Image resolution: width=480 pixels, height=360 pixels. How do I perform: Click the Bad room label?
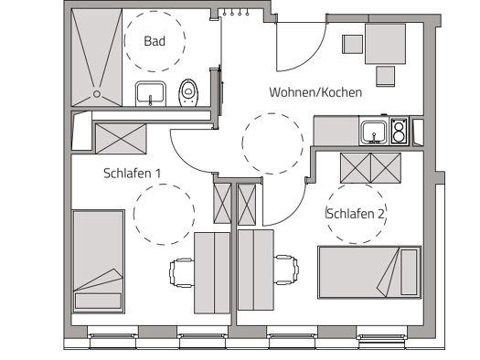click(x=155, y=41)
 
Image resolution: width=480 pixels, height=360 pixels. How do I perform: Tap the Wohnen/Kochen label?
click(x=315, y=92)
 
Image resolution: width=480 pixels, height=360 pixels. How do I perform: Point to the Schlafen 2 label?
click(x=356, y=214)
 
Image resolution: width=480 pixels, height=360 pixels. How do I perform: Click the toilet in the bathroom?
click(x=190, y=90)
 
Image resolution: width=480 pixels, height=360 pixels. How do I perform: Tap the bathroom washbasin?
click(x=150, y=92)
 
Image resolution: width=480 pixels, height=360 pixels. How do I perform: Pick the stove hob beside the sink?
click(x=398, y=132)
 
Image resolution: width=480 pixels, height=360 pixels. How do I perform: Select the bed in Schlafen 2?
click(x=368, y=271)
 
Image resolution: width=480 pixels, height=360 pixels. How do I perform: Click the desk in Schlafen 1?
click(x=211, y=271)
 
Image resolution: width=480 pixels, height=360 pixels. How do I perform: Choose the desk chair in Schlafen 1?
click(x=181, y=271)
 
